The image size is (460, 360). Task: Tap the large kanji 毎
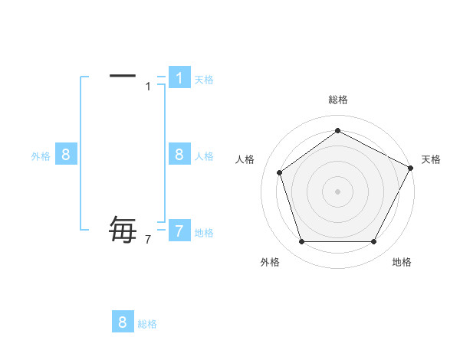click(x=123, y=230)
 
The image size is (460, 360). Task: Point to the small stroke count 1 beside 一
click(x=148, y=86)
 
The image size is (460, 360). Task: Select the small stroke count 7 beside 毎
click(x=148, y=240)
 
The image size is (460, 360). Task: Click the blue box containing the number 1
click(x=179, y=77)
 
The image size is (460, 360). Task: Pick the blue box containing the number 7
click(x=179, y=231)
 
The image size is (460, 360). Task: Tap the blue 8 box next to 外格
click(x=66, y=154)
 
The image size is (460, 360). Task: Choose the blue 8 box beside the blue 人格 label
click(x=179, y=154)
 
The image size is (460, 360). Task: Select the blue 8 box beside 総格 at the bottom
click(x=123, y=322)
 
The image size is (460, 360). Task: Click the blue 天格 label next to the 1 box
click(x=204, y=79)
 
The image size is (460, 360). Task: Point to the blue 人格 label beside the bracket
click(x=204, y=156)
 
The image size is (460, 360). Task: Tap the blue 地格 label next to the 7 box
click(x=204, y=233)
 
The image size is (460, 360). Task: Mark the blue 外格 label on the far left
click(x=41, y=156)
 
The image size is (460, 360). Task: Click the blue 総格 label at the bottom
click(x=147, y=324)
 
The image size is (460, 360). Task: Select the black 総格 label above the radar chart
click(x=337, y=100)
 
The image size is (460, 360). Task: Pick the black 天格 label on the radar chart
click(x=431, y=159)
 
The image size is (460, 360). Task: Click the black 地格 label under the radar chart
click(x=402, y=262)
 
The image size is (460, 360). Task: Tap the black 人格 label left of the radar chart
click(x=245, y=159)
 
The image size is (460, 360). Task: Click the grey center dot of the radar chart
click(x=337, y=191)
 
